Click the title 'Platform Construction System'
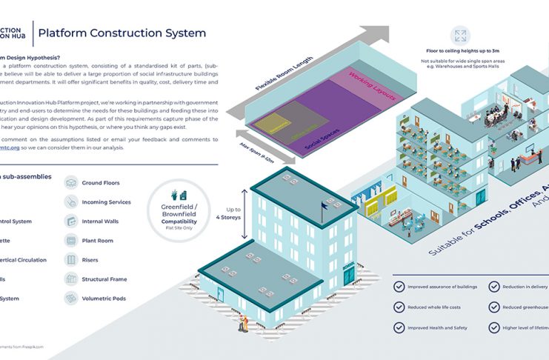[122, 33]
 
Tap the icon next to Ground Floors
[71, 183]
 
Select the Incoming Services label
[106, 202]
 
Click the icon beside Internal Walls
[71, 221]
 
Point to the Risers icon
[71, 260]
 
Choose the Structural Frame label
[104, 279]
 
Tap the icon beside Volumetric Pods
[71, 299]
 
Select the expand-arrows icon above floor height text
[460, 36]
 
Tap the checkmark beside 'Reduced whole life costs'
[400, 307]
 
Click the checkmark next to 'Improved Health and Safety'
[400, 327]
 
